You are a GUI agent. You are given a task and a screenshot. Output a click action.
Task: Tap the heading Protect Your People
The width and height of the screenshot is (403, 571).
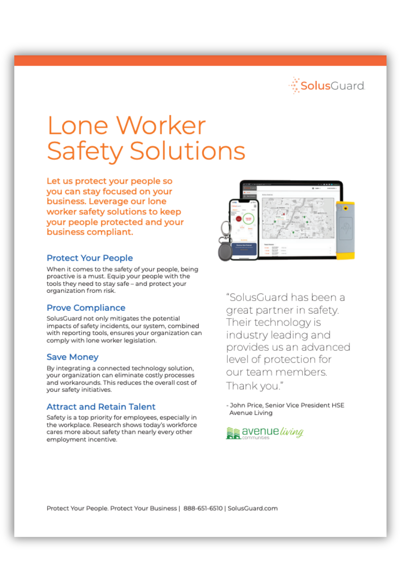(89, 258)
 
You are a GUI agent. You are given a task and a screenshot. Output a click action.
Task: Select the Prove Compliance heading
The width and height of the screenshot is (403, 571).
(86, 307)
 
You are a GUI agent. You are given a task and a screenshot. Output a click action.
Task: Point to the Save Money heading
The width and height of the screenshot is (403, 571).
(72, 357)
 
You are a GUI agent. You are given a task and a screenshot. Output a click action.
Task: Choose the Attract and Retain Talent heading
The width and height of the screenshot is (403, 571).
(101, 407)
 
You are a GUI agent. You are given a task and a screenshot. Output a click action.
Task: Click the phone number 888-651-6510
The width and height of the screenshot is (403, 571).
(203, 508)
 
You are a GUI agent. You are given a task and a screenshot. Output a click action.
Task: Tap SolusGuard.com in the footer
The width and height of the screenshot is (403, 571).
(253, 508)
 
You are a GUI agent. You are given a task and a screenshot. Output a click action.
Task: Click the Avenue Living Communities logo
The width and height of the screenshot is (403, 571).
(264, 433)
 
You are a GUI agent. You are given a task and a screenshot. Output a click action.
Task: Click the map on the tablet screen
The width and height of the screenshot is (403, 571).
(298, 218)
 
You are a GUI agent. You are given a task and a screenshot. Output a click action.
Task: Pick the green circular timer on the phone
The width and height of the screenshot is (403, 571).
(248, 219)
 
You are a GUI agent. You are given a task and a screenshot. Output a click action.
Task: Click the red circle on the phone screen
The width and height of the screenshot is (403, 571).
(239, 219)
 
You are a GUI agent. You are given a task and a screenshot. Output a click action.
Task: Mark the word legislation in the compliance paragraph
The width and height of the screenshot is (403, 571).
(140, 340)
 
